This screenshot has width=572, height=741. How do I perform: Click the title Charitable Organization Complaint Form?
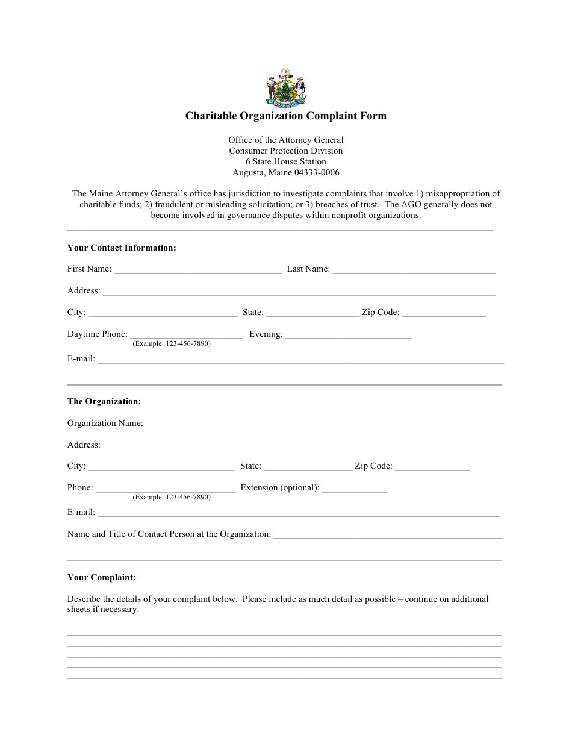pos(285,116)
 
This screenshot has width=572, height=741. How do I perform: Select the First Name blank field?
pos(197,269)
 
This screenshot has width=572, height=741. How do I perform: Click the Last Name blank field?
pos(414,269)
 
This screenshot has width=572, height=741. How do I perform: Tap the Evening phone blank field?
pos(348,334)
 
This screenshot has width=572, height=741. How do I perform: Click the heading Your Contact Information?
pos(122,248)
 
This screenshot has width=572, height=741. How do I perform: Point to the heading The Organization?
pos(104,401)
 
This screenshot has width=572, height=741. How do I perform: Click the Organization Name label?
pos(105,423)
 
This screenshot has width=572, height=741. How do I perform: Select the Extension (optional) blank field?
pos(354,487)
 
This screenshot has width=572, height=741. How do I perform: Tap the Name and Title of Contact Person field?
pos(388,534)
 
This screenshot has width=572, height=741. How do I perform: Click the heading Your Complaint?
pos(102,577)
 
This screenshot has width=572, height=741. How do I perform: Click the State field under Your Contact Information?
pos(312,312)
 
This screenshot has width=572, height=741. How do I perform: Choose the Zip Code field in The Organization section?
pos(432,466)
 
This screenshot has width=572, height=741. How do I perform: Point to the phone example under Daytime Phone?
pos(172,343)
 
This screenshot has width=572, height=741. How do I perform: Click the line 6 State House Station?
pos(285,161)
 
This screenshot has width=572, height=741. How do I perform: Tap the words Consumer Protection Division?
pos(285,151)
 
